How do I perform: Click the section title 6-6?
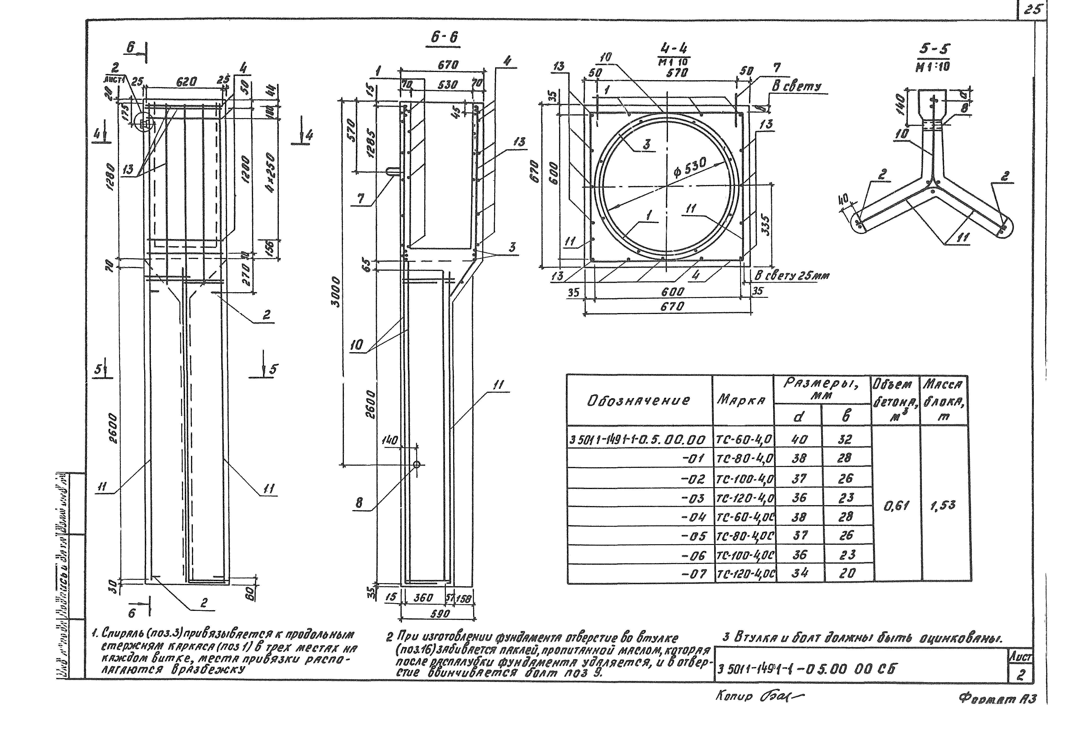444,38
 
